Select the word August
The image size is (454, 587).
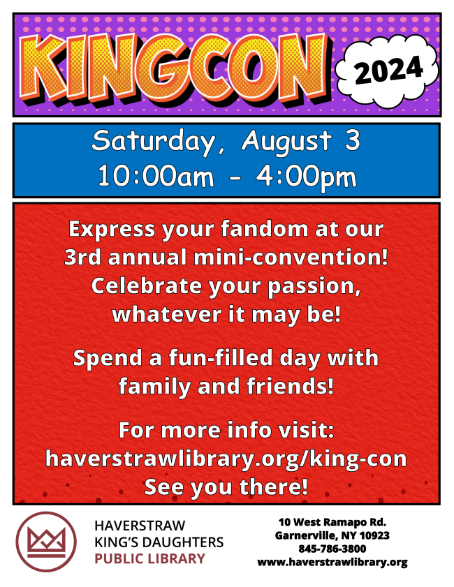point(287,142)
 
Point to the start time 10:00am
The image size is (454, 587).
point(156,176)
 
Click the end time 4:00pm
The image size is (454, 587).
point(306,177)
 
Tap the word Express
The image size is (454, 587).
point(112,229)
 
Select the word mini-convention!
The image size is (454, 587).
point(291,257)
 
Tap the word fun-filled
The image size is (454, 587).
point(221,357)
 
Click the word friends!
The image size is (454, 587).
point(290,386)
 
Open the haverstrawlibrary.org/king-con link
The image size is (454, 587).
point(226,459)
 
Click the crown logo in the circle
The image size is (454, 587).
point(45,542)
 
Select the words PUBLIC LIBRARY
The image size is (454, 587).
point(150,558)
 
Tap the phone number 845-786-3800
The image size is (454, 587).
point(332,549)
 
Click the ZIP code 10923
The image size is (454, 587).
point(374,536)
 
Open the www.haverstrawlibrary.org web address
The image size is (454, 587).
point(332,563)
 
